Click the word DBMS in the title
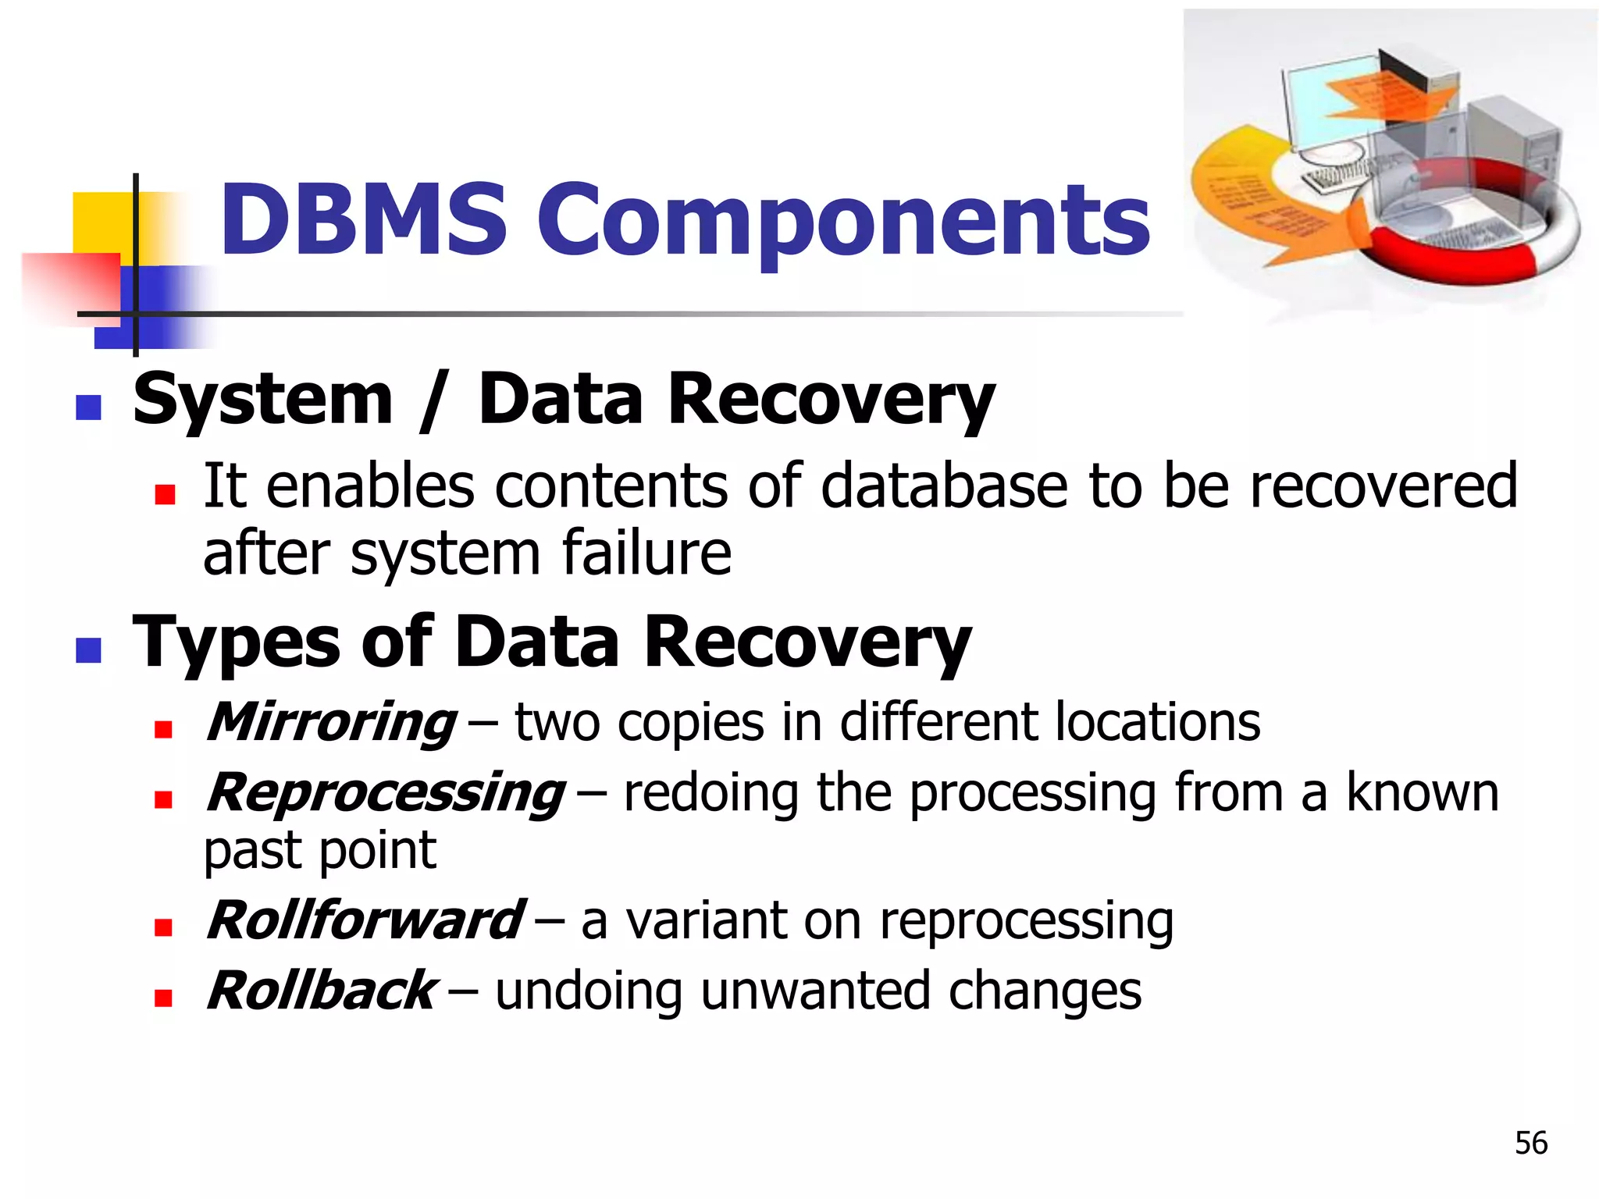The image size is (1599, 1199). click(363, 220)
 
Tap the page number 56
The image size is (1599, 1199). click(1530, 1143)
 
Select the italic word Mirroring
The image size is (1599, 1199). click(331, 723)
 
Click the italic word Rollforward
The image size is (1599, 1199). click(364, 921)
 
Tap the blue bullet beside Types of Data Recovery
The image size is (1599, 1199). click(88, 649)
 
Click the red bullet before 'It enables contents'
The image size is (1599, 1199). click(165, 495)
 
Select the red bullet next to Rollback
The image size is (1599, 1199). click(163, 998)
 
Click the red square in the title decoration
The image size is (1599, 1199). click(70, 285)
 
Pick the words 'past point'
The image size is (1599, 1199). click(319, 851)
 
